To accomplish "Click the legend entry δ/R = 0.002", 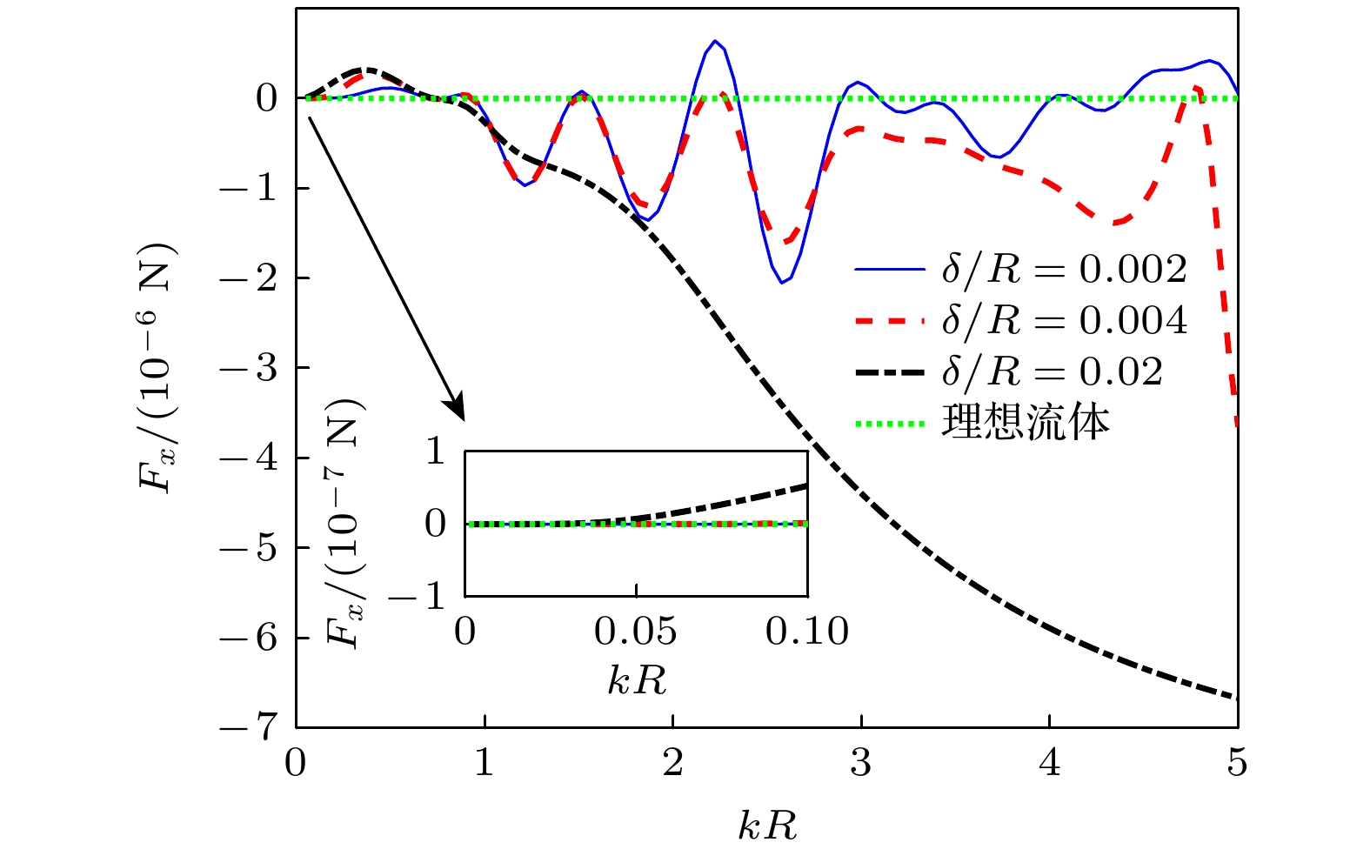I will [1064, 270].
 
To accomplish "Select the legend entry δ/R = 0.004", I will [1064, 321].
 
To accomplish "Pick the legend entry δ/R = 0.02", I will [1052, 372].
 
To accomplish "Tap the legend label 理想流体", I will [1026, 423].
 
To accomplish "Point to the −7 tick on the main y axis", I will [248, 727].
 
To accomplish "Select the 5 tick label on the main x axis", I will [1237, 764].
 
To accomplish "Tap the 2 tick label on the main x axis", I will [672, 764].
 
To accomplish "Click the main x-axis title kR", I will [767, 825].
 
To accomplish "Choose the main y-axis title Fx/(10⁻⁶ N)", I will [159, 368].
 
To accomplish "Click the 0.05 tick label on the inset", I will [636, 631].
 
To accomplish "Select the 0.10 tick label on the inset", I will [807, 631].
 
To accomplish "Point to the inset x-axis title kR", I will [637, 680].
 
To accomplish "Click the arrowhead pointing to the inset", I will [458, 411].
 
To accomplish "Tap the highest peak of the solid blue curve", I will [714, 41].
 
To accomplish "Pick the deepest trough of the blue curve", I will [782, 283].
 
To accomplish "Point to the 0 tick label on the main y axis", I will [266, 98].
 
